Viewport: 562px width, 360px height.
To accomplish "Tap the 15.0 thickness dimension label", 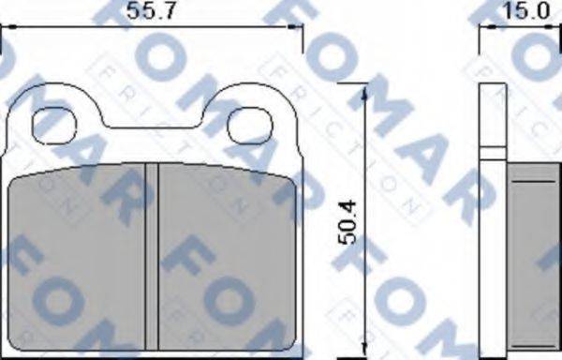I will [x=525, y=11].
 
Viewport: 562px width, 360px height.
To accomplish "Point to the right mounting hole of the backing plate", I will [x=250, y=120].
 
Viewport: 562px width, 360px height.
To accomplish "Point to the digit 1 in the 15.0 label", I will [x=507, y=11].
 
